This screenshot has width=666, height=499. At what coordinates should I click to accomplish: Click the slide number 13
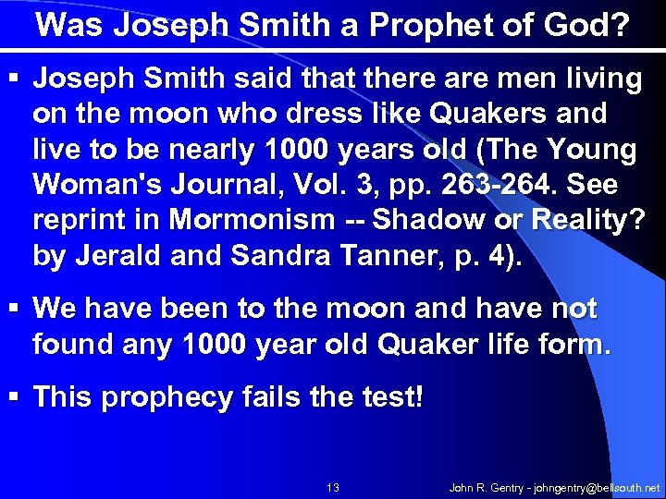click(x=333, y=486)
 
